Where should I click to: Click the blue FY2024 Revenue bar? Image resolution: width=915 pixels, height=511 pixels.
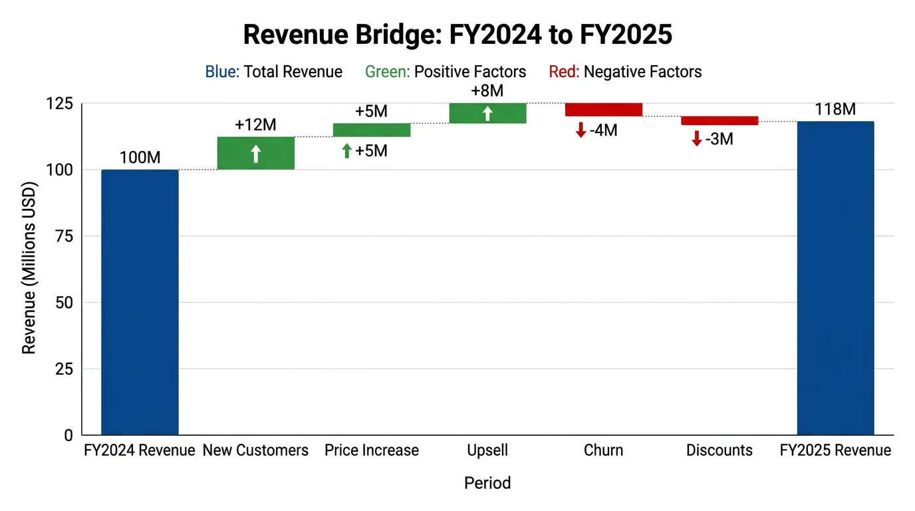[x=140, y=303]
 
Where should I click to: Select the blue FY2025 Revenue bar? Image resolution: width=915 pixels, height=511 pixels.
[x=835, y=278]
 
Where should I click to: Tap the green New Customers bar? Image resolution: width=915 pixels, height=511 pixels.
[x=255, y=153]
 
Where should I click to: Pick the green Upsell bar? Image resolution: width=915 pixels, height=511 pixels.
[x=487, y=113]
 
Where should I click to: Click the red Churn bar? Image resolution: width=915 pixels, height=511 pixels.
[x=603, y=110]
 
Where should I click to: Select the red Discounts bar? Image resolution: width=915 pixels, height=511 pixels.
[x=719, y=120]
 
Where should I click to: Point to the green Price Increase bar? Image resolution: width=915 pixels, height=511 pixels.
[x=372, y=130]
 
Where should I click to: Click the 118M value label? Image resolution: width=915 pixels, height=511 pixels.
[x=835, y=110]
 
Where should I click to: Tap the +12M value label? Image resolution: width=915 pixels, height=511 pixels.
[x=255, y=125]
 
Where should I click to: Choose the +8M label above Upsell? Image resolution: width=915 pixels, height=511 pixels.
[x=487, y=92]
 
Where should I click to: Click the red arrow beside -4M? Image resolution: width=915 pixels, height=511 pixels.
[x=581, y=130]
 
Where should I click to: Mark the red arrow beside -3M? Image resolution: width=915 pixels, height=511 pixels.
[x=696, y=139]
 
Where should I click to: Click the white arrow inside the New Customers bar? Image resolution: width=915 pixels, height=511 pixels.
[x=255, y=154]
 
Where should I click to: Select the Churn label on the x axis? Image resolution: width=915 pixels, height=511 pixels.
[x=603, y=450]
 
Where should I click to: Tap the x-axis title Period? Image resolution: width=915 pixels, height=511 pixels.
[x=487, y=483]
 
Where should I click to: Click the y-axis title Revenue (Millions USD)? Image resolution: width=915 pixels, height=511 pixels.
[x=29, y=267]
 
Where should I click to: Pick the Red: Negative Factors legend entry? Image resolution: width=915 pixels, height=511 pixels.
[x=625, y=72]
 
